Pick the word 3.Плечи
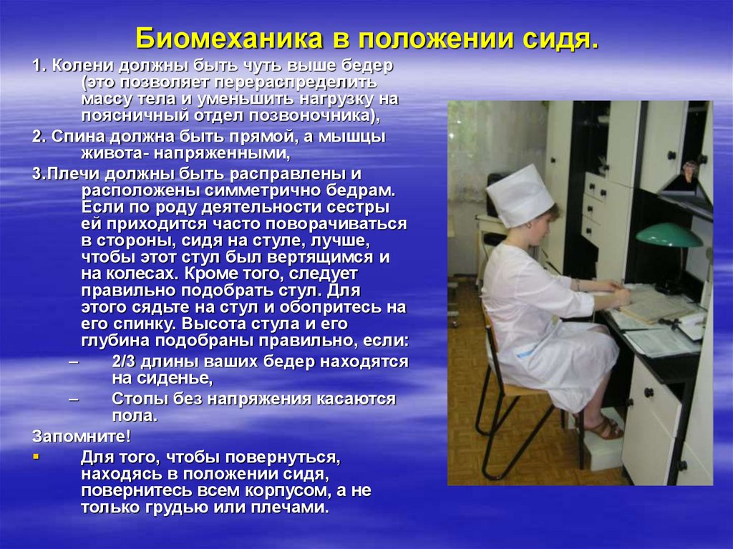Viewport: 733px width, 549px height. (x=66, y=174)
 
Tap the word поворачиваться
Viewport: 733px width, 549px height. (x=336, y=224)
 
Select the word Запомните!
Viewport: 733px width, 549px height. (x=82, y=437)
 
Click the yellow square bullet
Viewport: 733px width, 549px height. (x=36, y=455)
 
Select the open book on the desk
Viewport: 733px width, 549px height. (x=659, y=305)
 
